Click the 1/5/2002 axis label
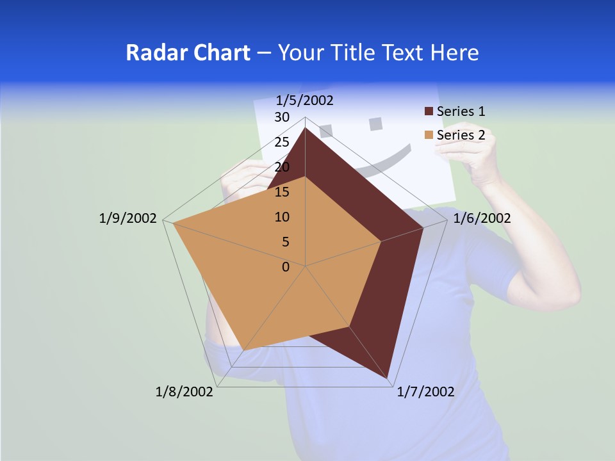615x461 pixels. point(305,101)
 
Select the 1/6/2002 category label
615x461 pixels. point(482,218)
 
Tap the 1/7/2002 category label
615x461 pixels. point(425,392)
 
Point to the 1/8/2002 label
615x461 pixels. point(184,392)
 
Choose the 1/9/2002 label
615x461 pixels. point(128,218)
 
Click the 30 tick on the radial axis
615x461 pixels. point(282,117)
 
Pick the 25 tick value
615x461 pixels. point(282,142)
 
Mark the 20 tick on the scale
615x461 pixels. point(282,167)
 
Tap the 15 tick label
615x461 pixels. point(282,192)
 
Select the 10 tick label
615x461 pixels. point(282,217)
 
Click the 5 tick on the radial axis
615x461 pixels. point(286,242)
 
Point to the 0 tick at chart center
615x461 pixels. point(286,267)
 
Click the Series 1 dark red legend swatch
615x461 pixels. point(429,111)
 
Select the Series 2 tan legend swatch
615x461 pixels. point(429,135)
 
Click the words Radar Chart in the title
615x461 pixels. point(188,53)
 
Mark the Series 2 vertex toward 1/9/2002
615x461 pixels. point(173,223)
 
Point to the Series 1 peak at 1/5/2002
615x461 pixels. point(305,128)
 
